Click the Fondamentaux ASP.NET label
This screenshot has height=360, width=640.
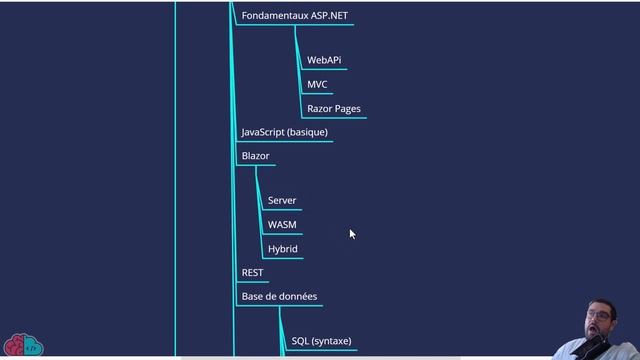click(295, 16)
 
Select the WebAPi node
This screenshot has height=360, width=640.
click(324, 61)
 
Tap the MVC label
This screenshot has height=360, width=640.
click(317, 85)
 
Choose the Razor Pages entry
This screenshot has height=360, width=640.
click(334, 109)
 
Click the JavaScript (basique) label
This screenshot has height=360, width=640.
click(284, 132)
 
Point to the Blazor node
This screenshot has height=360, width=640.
click(255, 157)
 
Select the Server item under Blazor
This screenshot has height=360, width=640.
click(282, 201)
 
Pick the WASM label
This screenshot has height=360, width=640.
click(282, 225)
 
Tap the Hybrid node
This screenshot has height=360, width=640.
click(282, 249)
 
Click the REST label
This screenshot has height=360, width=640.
click(252, 273)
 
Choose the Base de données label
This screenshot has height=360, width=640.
click(280, 297)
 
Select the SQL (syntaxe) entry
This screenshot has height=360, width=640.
click(321, 342)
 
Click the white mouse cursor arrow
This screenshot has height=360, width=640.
click(352, 234)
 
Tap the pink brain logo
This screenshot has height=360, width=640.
click(22, 345)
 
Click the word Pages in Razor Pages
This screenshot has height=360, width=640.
click(347, 109)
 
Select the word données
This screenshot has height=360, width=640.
click(299, 297)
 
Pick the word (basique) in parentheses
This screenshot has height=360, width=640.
click(307, 132)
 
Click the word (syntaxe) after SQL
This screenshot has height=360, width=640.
click(331, 342)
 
